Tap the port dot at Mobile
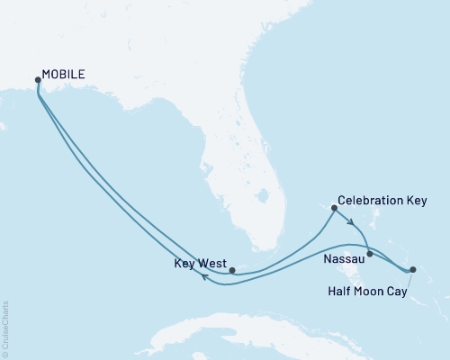click(x=38, y=80)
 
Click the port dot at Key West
click(x=232, y=269)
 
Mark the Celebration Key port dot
click(x=334, y=208)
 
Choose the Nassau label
click(x=343, y=257)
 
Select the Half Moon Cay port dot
click(x=412, y=269)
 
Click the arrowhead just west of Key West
click(x=203, y=277)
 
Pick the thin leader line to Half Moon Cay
click(x=408, y=280)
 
